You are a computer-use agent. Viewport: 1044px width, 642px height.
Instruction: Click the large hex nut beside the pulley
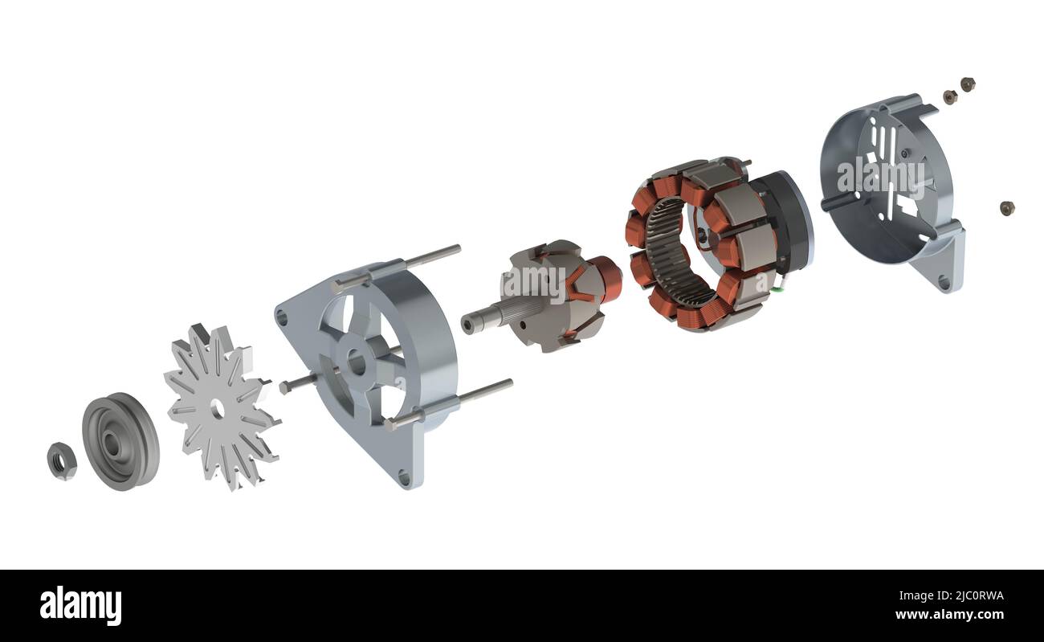(62, 461)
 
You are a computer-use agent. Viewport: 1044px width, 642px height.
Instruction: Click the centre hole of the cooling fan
(217, 409)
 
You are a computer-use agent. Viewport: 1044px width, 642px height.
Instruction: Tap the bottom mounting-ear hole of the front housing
(404, 478)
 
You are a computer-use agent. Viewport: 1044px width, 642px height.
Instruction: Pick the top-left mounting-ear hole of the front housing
(283, 318)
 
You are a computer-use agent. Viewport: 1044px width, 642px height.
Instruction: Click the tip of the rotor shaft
(467, 324)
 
